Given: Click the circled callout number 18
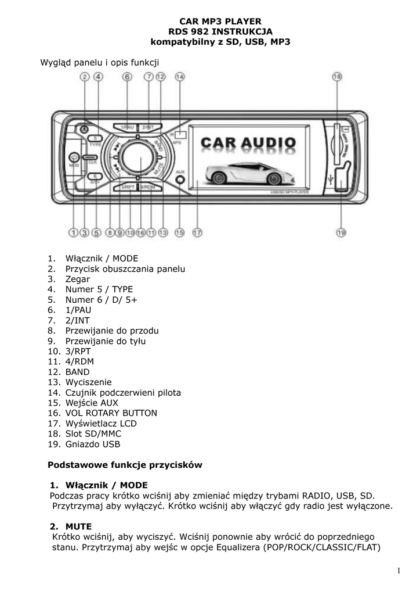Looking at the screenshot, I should (x=337, y=76).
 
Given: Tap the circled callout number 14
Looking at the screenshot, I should (x=180, y=76).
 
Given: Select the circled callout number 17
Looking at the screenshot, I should (x=197, y=232).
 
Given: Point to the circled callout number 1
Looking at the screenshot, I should (x=74, y=232).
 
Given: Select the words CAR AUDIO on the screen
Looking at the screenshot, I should (x=248, y=142).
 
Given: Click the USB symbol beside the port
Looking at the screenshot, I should (x=330, y=179).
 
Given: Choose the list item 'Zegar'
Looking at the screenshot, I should (x=78, y=279).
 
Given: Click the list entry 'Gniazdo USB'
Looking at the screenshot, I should (x=93, y=445).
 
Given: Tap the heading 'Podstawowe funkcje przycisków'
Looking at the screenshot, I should (x=125, y=465).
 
